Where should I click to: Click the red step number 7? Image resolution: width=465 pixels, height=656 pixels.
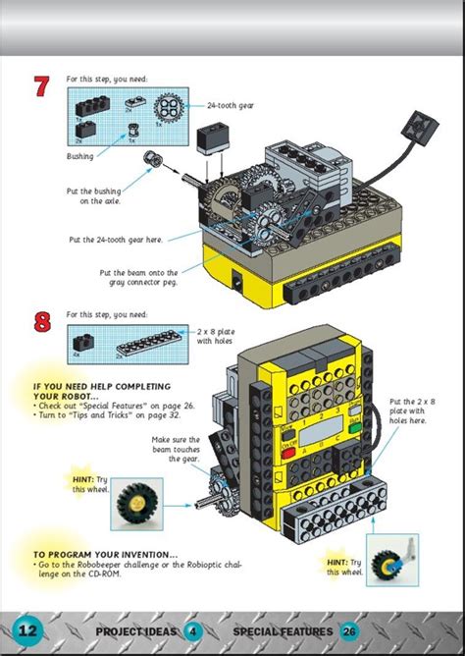tap(41, 87)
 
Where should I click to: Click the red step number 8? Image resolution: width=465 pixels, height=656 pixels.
tap(41, 324)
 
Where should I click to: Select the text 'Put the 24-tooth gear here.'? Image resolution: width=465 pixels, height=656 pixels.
tap(115, 239)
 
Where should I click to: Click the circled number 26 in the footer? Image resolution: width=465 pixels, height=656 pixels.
tap(351, 630)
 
